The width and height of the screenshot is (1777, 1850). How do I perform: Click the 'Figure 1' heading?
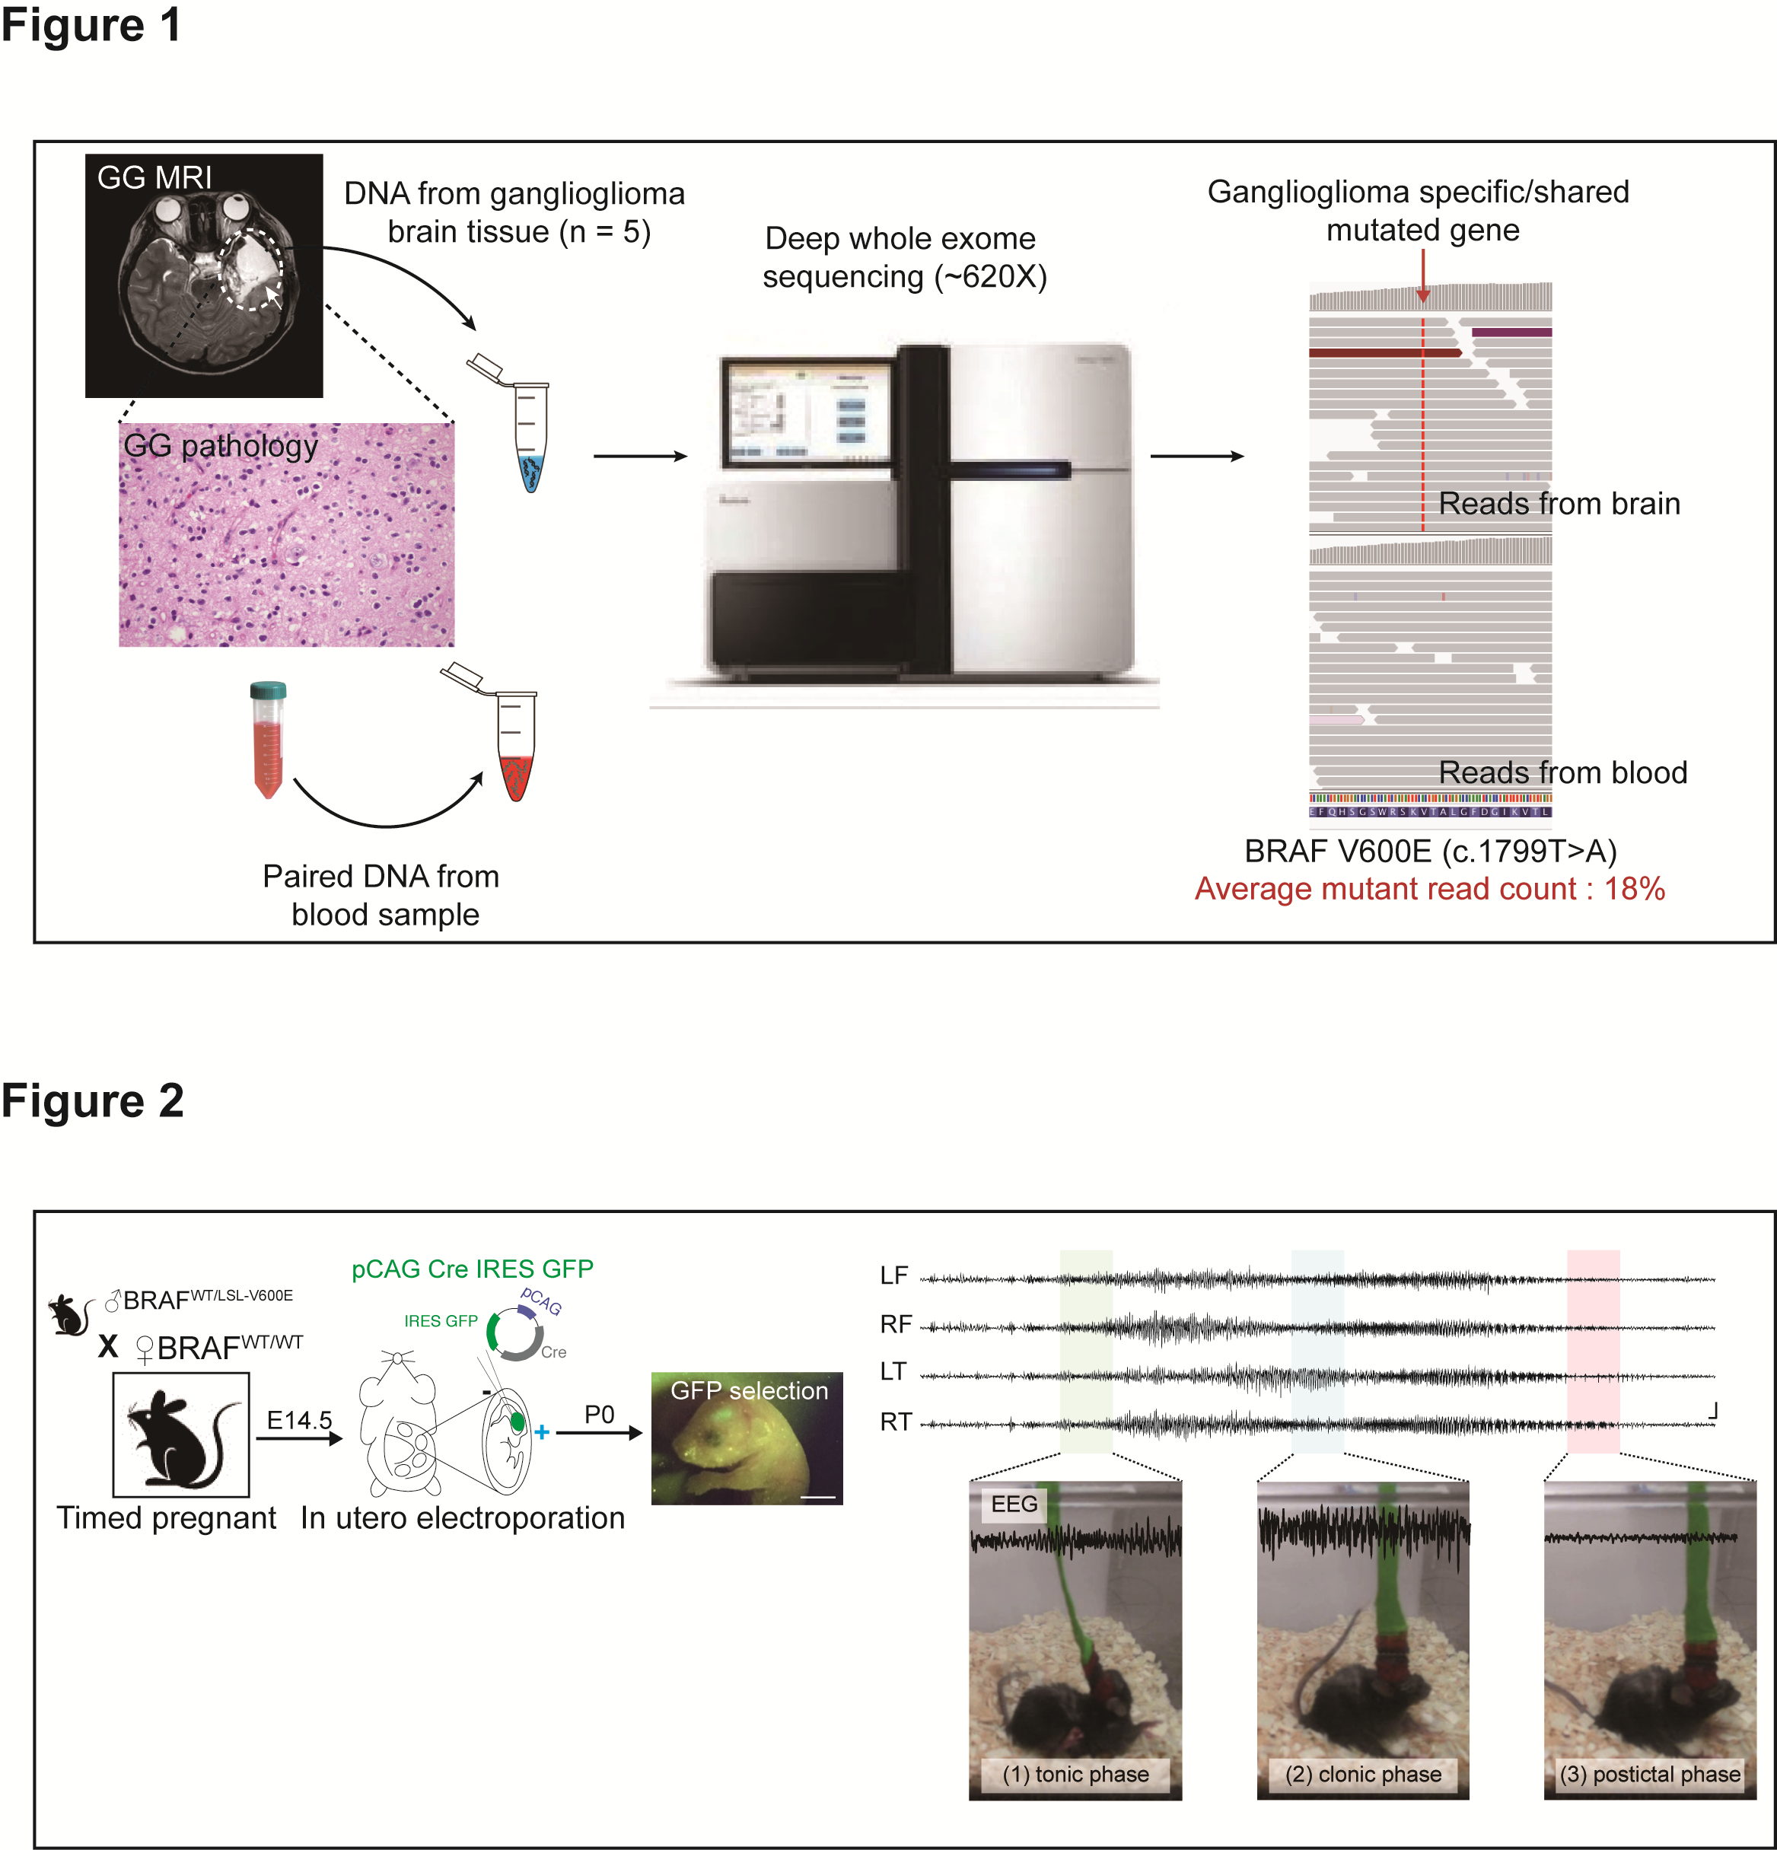tap(91, 25)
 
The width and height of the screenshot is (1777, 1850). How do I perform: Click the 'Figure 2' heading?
tap(93, 1100)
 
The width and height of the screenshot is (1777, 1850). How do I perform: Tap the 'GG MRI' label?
tap(154, 177)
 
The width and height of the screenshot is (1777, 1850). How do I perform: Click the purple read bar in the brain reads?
tap(1511, 333)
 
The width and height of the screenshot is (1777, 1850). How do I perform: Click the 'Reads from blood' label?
tap(1562, 772)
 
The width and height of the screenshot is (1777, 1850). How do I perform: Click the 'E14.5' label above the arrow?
tap(299, 1419)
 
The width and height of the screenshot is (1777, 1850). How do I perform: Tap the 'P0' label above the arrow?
tap(599, 1414)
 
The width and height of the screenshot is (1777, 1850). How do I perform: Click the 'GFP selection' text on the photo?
tap(748, 1390)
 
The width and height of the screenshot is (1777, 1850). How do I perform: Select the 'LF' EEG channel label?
tap(893, 1276)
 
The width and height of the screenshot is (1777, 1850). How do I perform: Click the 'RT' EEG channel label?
tap(895, 1422)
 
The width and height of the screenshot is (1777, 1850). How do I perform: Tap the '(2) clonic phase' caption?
tap(1363, 1774)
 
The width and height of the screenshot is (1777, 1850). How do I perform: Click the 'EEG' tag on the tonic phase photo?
tap(1014, 1504)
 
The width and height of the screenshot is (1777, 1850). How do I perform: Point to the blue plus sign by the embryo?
tap(542, 1432)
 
